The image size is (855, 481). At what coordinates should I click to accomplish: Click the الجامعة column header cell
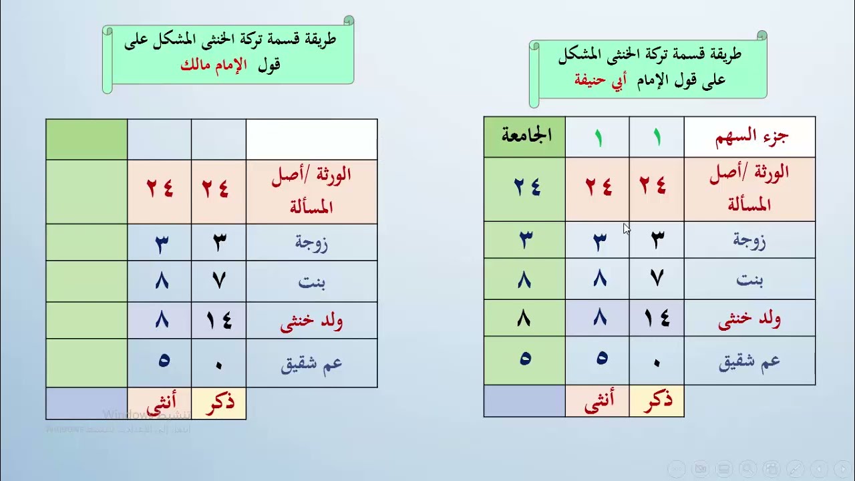[x=525, y=136]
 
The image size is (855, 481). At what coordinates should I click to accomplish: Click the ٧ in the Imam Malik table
[x=218, y=281]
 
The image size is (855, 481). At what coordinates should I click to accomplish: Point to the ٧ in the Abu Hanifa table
[x=657, y=278]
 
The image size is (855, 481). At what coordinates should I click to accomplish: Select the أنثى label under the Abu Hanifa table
[x=597, y=402]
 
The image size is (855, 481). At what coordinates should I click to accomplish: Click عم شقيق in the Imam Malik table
[x=311, y=365]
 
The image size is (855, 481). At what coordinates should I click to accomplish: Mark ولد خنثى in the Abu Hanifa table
[x=749, y=319]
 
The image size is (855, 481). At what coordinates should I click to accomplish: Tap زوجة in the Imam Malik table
[x=311, y=243]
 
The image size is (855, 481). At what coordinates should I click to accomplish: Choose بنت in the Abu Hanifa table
[x=749, y=279]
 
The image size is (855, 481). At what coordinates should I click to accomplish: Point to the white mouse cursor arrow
[x=627, y=228]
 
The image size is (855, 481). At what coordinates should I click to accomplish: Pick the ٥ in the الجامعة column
[x=525, y=359]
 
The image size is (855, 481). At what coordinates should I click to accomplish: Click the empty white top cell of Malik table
[x=311, y=139]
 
